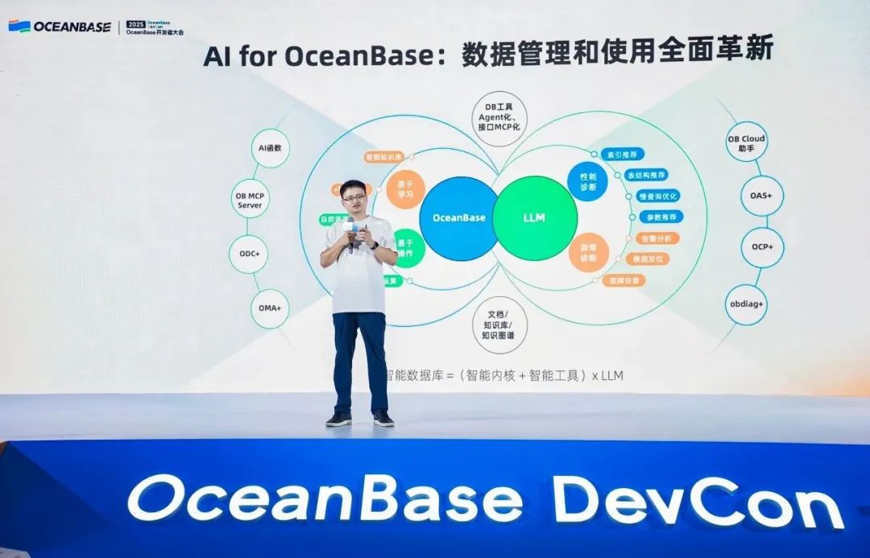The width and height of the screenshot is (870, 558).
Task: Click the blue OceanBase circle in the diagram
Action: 458,218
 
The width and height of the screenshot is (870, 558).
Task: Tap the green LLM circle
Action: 535,218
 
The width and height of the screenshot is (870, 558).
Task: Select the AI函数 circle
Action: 270,150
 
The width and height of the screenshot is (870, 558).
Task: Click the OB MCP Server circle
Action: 250,200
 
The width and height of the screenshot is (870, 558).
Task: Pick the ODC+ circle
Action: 249,254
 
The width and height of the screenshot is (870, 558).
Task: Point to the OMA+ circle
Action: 270,308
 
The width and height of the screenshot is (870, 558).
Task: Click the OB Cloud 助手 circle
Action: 745,143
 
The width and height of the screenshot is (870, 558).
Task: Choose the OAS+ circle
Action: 761,196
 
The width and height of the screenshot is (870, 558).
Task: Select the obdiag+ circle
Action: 746,305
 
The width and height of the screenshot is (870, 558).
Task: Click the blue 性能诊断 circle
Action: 588,181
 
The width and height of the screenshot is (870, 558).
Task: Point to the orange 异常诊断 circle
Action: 588,252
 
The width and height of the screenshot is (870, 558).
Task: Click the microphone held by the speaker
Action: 350,229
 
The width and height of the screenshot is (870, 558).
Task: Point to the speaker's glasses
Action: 354,196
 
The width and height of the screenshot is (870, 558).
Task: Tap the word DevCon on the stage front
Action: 698,500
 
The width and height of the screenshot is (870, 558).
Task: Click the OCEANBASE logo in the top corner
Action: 60,26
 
